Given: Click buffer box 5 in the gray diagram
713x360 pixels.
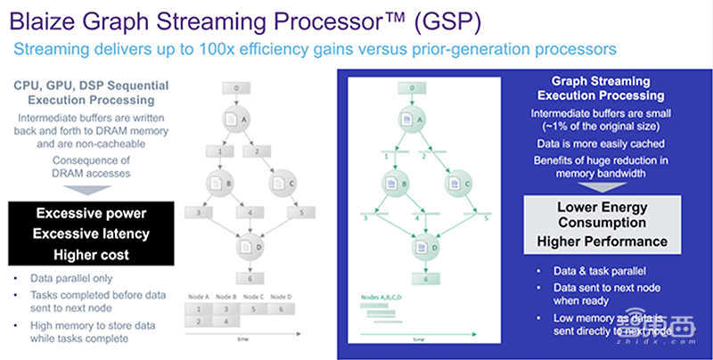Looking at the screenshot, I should point(303,213).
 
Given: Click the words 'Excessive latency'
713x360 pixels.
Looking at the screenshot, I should point(91,233).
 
